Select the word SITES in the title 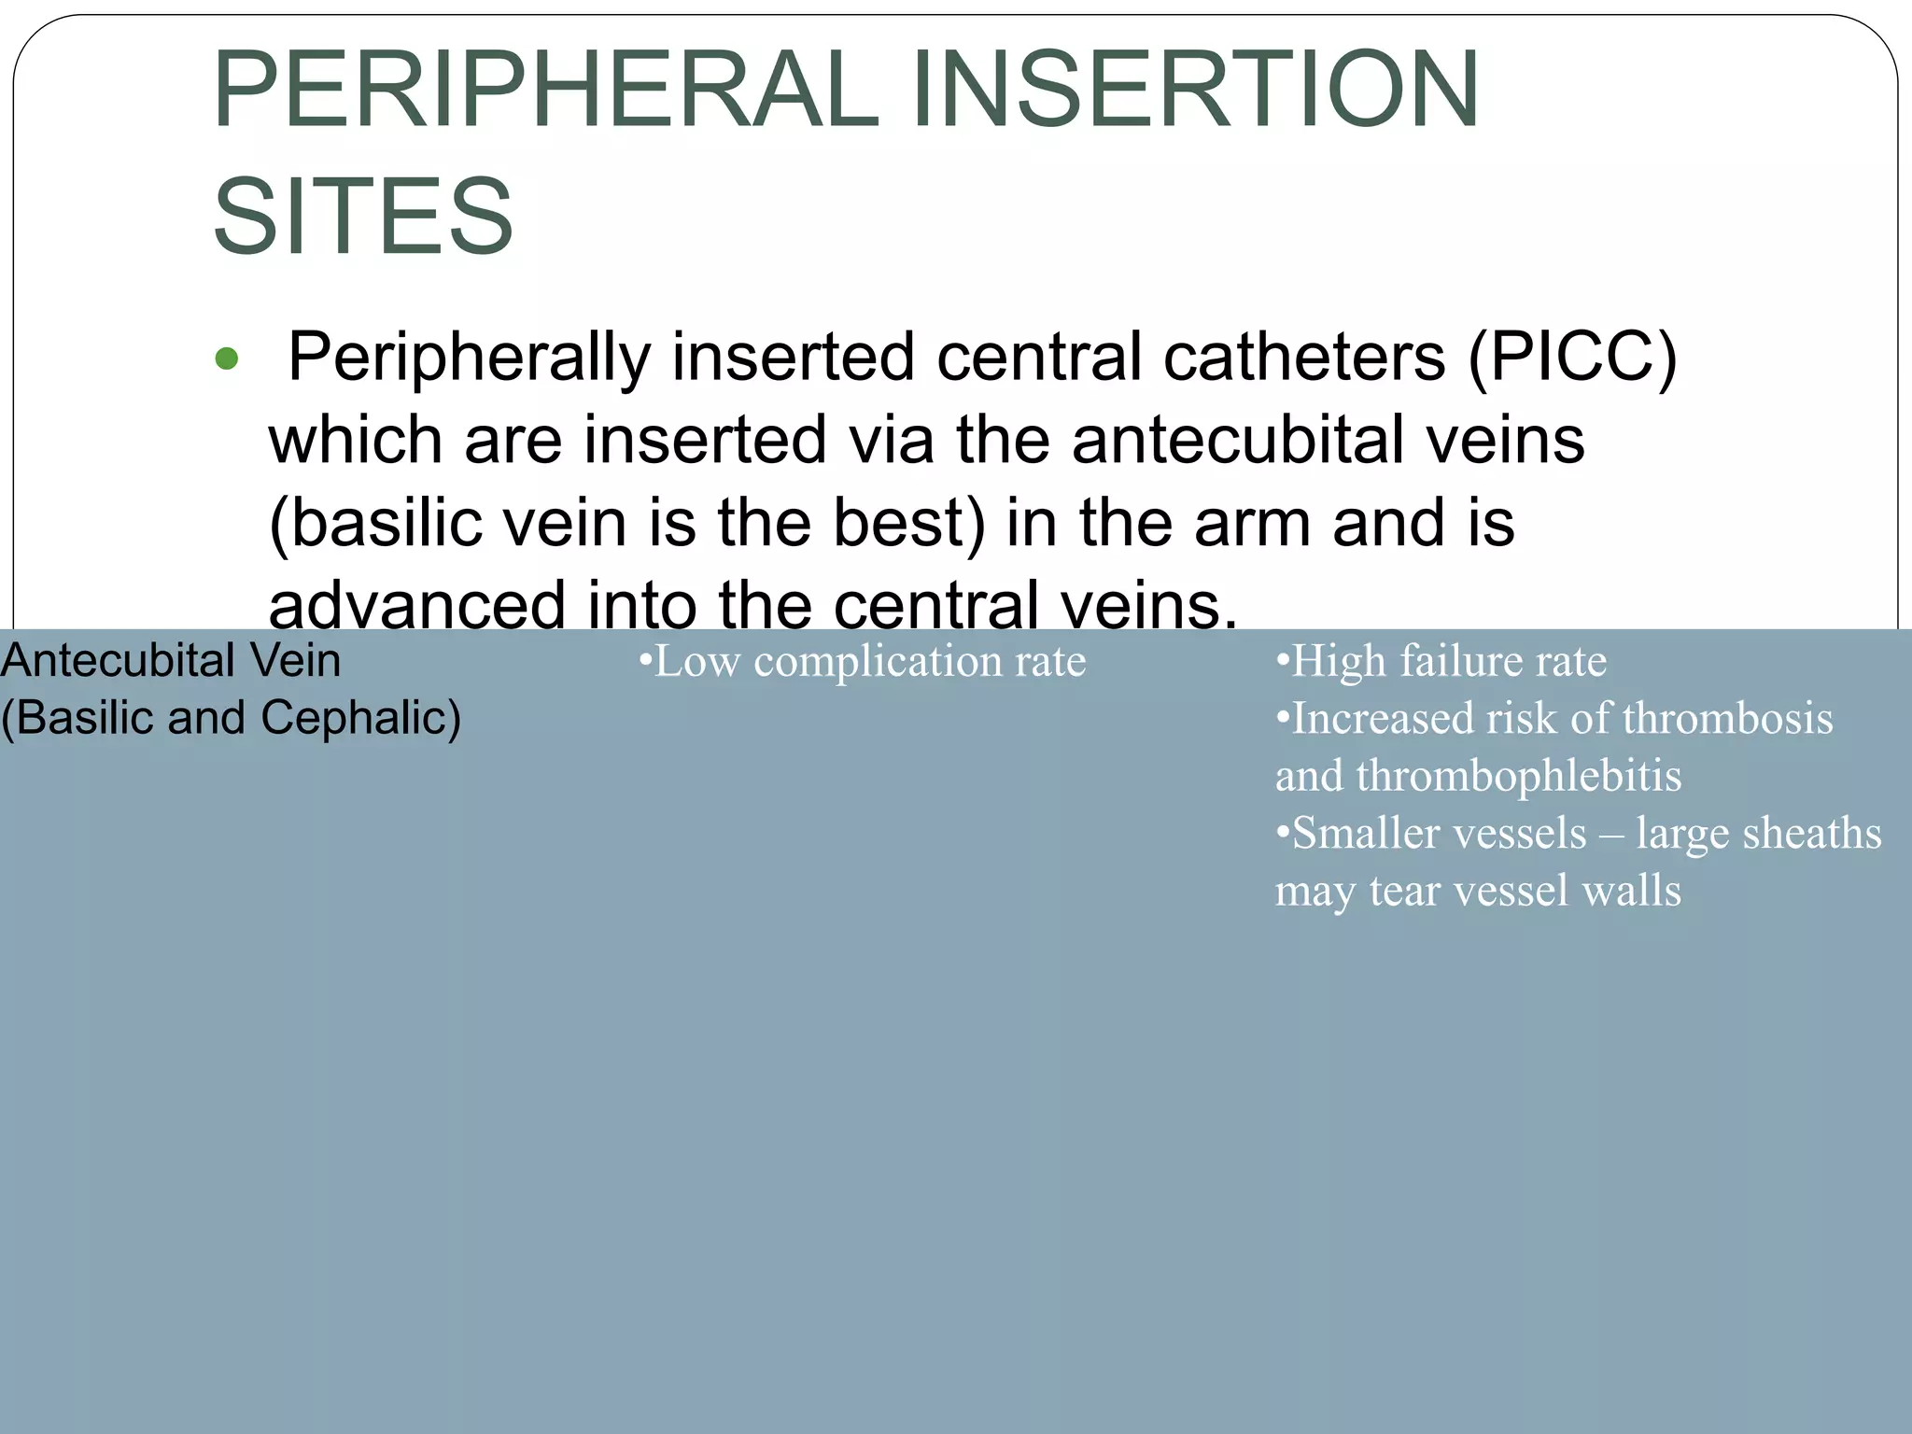[363, 217]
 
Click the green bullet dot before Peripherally [227, 358]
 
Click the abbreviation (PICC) [1572, 357]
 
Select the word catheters [1304, 357]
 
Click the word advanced [416, 605]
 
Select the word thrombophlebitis [1519, 776]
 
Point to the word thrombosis [1727, 719]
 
